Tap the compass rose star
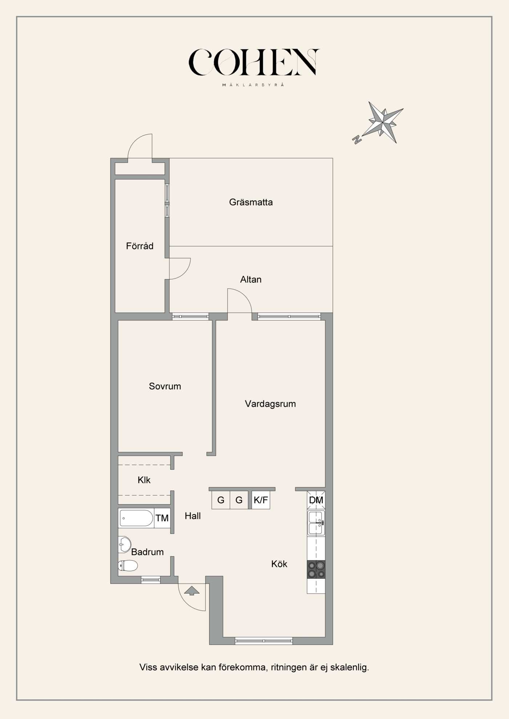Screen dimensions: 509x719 click(x=384, y=122)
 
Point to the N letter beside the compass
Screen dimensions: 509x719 click(x=357, y=139)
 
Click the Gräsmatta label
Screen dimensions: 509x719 click(x=251, y=202)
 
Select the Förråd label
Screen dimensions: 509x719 click(x=140, y=246)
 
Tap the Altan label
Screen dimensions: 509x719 click(x=251, y=279)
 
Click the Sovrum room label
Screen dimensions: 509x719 click(x=165, y=386)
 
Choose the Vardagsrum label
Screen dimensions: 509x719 click(x=270, y=404)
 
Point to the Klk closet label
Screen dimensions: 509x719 click(x=144, y=480)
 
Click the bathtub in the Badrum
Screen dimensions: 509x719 click(x=136, y=518)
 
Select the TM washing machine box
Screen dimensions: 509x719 click(x=162, y=518)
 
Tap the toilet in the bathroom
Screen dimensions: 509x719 click(x=128, y=565)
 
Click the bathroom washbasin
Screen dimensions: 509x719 click(x=124, y=544)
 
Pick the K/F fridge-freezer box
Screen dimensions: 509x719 click(x=261, y=500)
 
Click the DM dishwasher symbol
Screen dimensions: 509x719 click(x=316, y=500)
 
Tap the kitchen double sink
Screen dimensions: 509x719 click(x=316, y=523)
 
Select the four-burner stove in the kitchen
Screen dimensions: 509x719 click(x=316, y=569)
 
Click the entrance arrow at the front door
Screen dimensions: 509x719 click(x=192, y=591)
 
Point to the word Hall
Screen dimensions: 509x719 click(x=193, y=516)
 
